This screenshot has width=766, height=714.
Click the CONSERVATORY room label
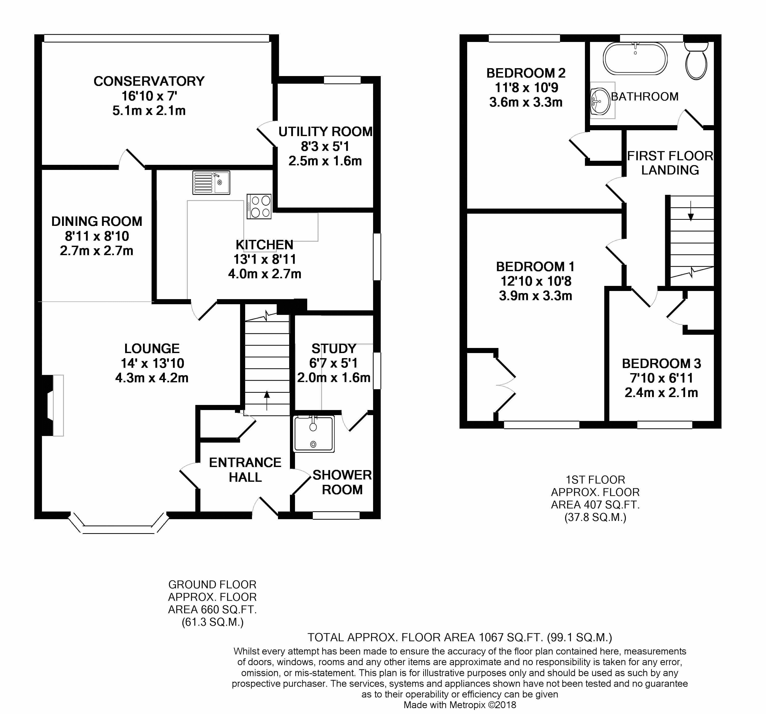(149, 81)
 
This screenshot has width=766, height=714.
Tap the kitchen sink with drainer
(211, 183)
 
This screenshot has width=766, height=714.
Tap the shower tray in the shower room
(314, 434)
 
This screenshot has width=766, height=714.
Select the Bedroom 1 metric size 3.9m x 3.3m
(535, 296)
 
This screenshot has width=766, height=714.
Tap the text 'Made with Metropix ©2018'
(460, 705)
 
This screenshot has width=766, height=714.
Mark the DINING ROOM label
(97, 221)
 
